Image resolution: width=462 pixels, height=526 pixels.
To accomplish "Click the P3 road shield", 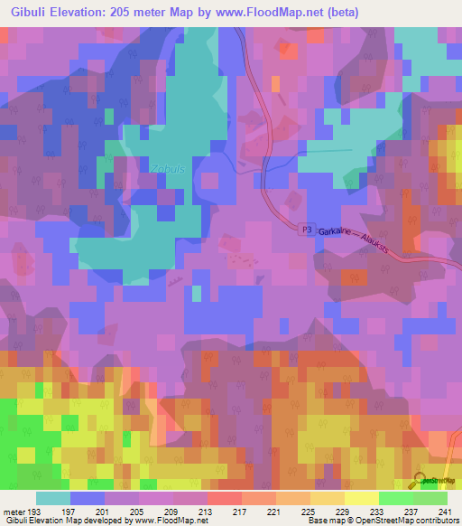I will (307, 230).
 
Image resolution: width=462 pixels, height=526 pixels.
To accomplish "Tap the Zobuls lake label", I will (155, 167).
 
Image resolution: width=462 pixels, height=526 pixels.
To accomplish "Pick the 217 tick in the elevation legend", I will (241, 512).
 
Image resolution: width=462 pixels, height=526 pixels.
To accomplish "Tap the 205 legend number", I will (138, 512).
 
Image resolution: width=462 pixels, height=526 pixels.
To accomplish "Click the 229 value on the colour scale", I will (344, 512).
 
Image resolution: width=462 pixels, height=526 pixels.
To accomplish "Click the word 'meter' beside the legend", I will (13, 512).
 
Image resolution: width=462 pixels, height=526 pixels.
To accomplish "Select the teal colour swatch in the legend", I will (53, 498).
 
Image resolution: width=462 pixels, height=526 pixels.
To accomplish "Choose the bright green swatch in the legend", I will (395, 498).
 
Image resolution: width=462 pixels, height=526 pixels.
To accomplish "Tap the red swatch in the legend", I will (225, 498).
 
